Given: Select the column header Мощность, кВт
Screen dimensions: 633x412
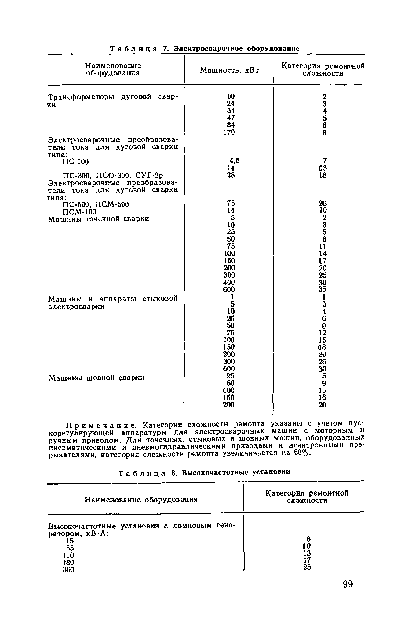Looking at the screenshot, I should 230,70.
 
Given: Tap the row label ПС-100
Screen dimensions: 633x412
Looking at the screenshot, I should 75,162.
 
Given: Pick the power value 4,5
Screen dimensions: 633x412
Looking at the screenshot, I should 234,161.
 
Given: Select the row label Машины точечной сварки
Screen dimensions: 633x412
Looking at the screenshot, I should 99,219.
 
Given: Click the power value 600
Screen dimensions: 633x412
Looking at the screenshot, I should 229,289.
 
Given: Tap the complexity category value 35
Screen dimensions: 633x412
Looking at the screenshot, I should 322,289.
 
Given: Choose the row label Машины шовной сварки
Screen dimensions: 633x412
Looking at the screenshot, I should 96,378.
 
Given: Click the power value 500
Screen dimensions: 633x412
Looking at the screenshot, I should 229,368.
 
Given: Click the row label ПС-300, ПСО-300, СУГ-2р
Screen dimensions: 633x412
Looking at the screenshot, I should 112,176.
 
